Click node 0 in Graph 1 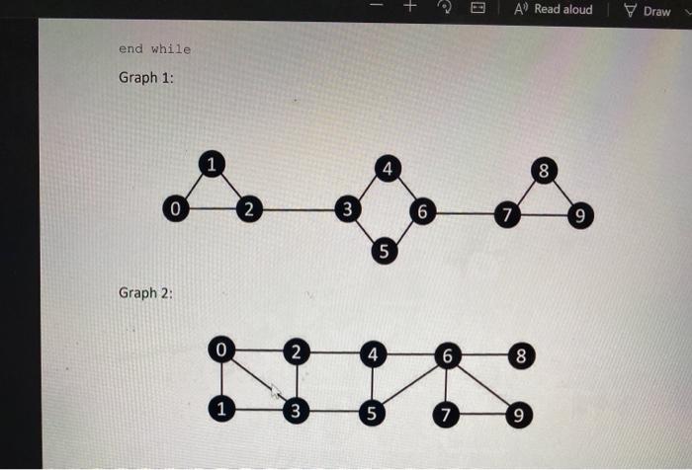coord(175,210)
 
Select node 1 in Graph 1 coord(210,164)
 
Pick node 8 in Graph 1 coord(543,171)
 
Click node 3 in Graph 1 coord(347,209)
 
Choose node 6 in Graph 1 coord(423,211)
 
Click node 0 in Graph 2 coord(222,350)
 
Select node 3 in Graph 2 coord(295,410)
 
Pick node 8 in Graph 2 coord(522,354)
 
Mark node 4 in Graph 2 coord(372,352)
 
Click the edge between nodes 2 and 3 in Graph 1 coord(298,210)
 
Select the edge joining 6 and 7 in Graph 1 coord(466,212)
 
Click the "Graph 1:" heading coord(146,78)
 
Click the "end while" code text coord(154,48)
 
